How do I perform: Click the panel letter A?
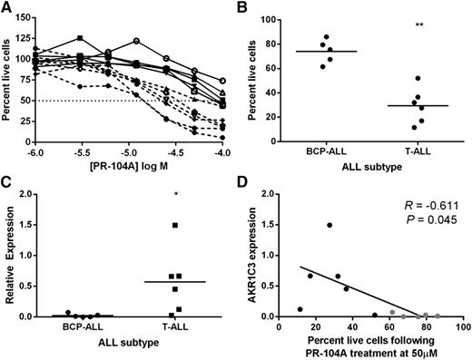[6, 8]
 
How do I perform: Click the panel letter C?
[6, 188]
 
